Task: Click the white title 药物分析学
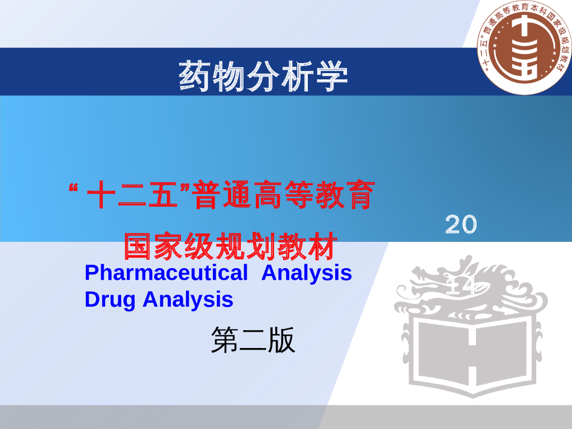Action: (x=263, y=76)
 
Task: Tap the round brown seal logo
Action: (x=525, y=47)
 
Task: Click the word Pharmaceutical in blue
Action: (x=166, y=273)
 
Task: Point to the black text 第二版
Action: (x=252, y=340)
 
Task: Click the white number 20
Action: (x=461, y=225)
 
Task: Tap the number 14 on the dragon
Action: (x=463, y=287)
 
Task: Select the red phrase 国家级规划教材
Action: (x=231, y=246)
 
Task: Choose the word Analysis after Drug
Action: (x=188, y=299)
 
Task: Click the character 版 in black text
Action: (x=282, y=340)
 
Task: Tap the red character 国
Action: (x=137, y=246)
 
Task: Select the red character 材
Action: (x=325, y=246)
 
